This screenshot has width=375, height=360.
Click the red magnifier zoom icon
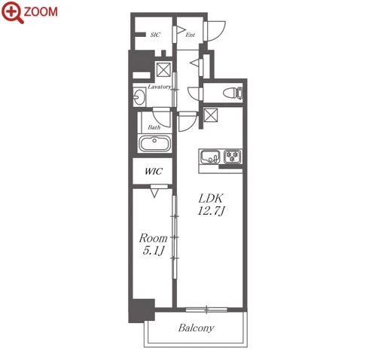12,12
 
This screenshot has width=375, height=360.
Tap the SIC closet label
155,35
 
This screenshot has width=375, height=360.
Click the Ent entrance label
191,35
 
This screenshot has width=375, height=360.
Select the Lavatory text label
160,87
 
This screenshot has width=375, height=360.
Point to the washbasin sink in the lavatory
139,96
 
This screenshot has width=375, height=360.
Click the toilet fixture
233,93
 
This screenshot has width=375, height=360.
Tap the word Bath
154,127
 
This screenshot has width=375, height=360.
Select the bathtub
154,143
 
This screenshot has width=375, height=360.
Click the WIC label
154,172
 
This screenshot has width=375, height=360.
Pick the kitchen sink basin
209,157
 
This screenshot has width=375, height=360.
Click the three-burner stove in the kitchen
233,157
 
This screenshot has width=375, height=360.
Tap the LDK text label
210,199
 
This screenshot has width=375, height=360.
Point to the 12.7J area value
211,211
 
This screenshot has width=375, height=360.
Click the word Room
153,238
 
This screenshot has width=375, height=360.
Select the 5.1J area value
153,251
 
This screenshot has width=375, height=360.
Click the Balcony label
196,328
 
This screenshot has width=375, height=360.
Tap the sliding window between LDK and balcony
206,310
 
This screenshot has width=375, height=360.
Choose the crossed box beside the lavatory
163,69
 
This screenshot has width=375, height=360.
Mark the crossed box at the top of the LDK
211,115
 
